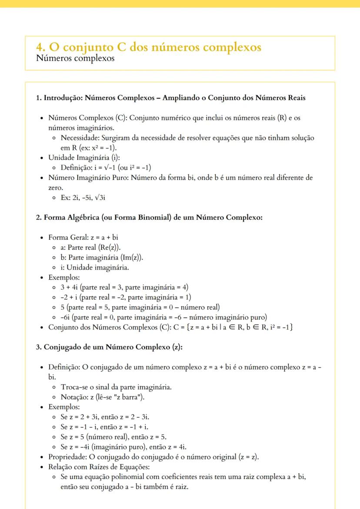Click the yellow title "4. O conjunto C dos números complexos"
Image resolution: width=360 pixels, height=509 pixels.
[149, 47]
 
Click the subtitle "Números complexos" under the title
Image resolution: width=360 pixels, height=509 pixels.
[75, 58]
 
